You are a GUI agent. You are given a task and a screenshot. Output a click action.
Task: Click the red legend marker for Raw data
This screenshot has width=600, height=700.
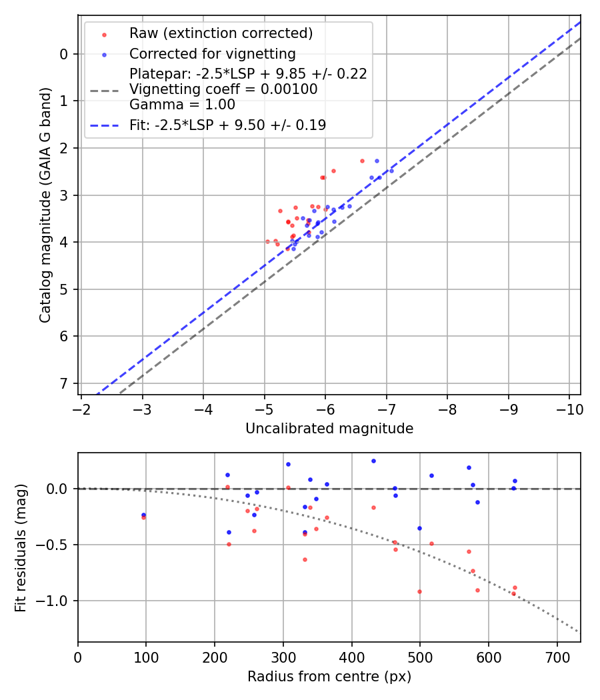[104, 33]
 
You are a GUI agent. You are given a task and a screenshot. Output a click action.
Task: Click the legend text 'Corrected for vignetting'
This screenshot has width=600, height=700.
[212, 53]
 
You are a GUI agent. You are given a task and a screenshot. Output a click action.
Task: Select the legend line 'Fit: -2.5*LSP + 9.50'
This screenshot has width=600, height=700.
[104, 125]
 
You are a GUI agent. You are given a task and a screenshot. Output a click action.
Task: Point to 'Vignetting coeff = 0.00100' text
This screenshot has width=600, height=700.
[223, 89]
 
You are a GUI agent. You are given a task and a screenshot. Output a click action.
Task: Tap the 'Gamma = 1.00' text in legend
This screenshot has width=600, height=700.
[182, 105]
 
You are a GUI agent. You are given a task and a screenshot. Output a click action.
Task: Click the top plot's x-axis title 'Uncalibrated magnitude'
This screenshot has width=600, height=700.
[329, 429]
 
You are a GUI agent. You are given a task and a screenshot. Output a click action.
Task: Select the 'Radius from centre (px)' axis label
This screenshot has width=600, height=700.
[329, 677]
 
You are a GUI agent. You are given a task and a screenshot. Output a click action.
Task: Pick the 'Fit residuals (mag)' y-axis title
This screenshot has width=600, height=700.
[21, 547]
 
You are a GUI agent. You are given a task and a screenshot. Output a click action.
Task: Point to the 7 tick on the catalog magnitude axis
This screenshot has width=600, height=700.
[64, 383]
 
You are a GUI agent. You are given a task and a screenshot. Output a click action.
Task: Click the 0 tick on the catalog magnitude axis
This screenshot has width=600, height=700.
[64, 54]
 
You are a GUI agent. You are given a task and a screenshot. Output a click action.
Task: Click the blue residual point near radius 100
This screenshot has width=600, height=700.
[143, 515]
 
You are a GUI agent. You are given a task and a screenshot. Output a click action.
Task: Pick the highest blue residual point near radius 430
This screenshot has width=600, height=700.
[373, 461]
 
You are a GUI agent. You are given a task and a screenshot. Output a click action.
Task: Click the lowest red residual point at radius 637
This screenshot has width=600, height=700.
[513, 593]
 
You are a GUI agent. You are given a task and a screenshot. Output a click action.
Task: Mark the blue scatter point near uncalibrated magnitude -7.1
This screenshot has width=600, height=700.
[391, 171]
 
